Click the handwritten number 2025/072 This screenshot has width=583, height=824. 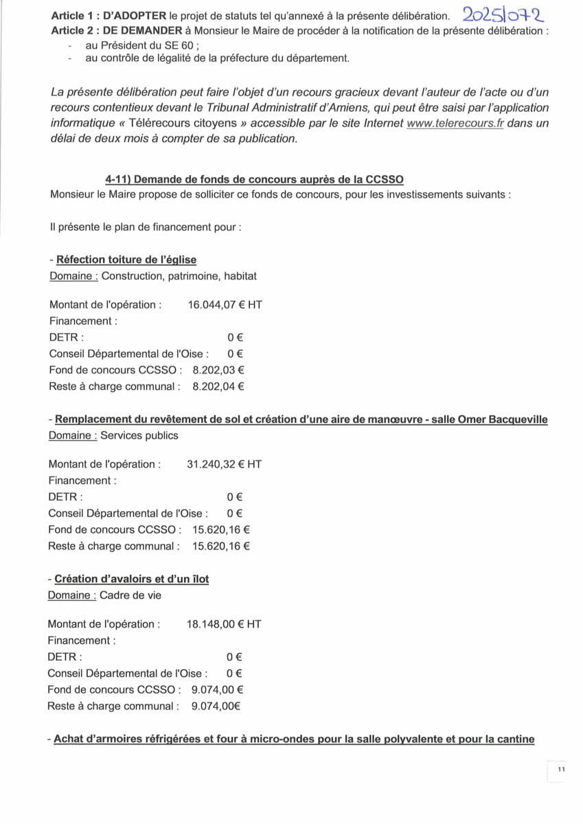click(x=503, y=14)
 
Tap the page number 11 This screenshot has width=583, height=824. click(x=560, y=770)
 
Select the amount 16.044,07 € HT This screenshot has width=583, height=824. click(x=225, y=304)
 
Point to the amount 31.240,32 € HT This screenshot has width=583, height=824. click(x=224, y=464)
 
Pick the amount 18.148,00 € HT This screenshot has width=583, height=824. click(x=223, y=624)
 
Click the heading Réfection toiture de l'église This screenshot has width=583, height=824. click(x=126, y=260)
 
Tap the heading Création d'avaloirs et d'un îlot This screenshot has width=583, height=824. click(x=131, y=579)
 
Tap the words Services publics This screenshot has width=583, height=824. click(x=139, y=435)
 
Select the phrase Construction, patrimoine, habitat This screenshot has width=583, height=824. click(x=179, y=276)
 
